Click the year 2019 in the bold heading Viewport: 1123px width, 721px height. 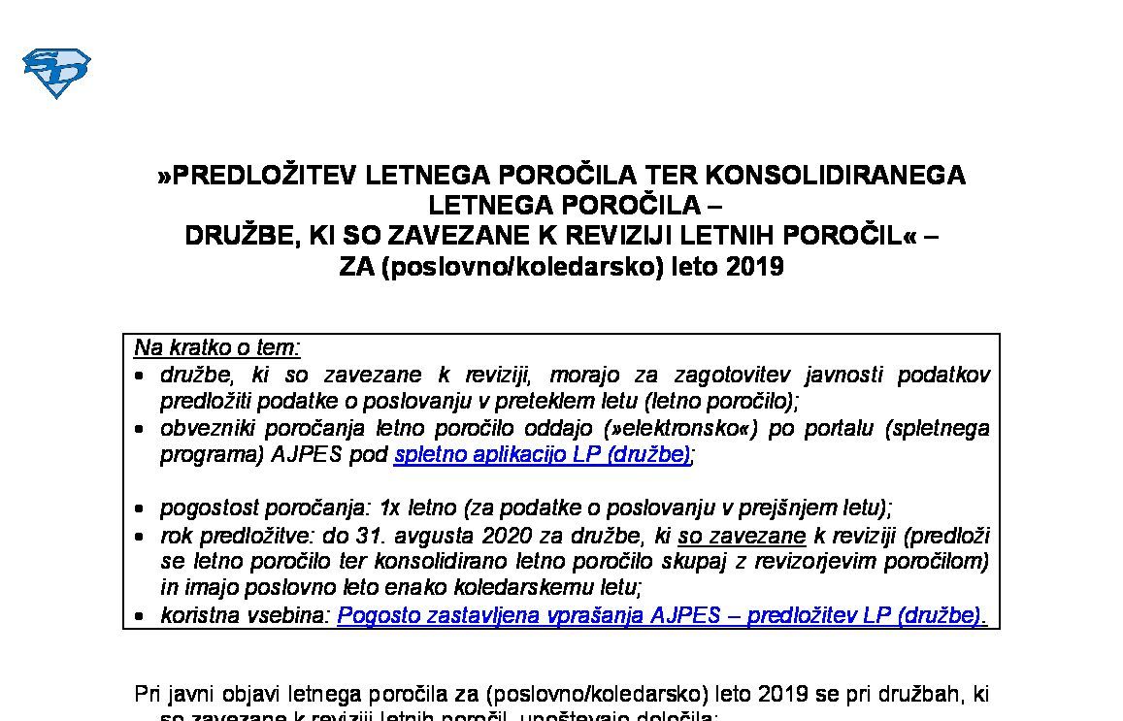[754, 267]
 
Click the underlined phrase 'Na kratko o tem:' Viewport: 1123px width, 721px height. [217, 348]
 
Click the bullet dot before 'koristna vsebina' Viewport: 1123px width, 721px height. [141, 617]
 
